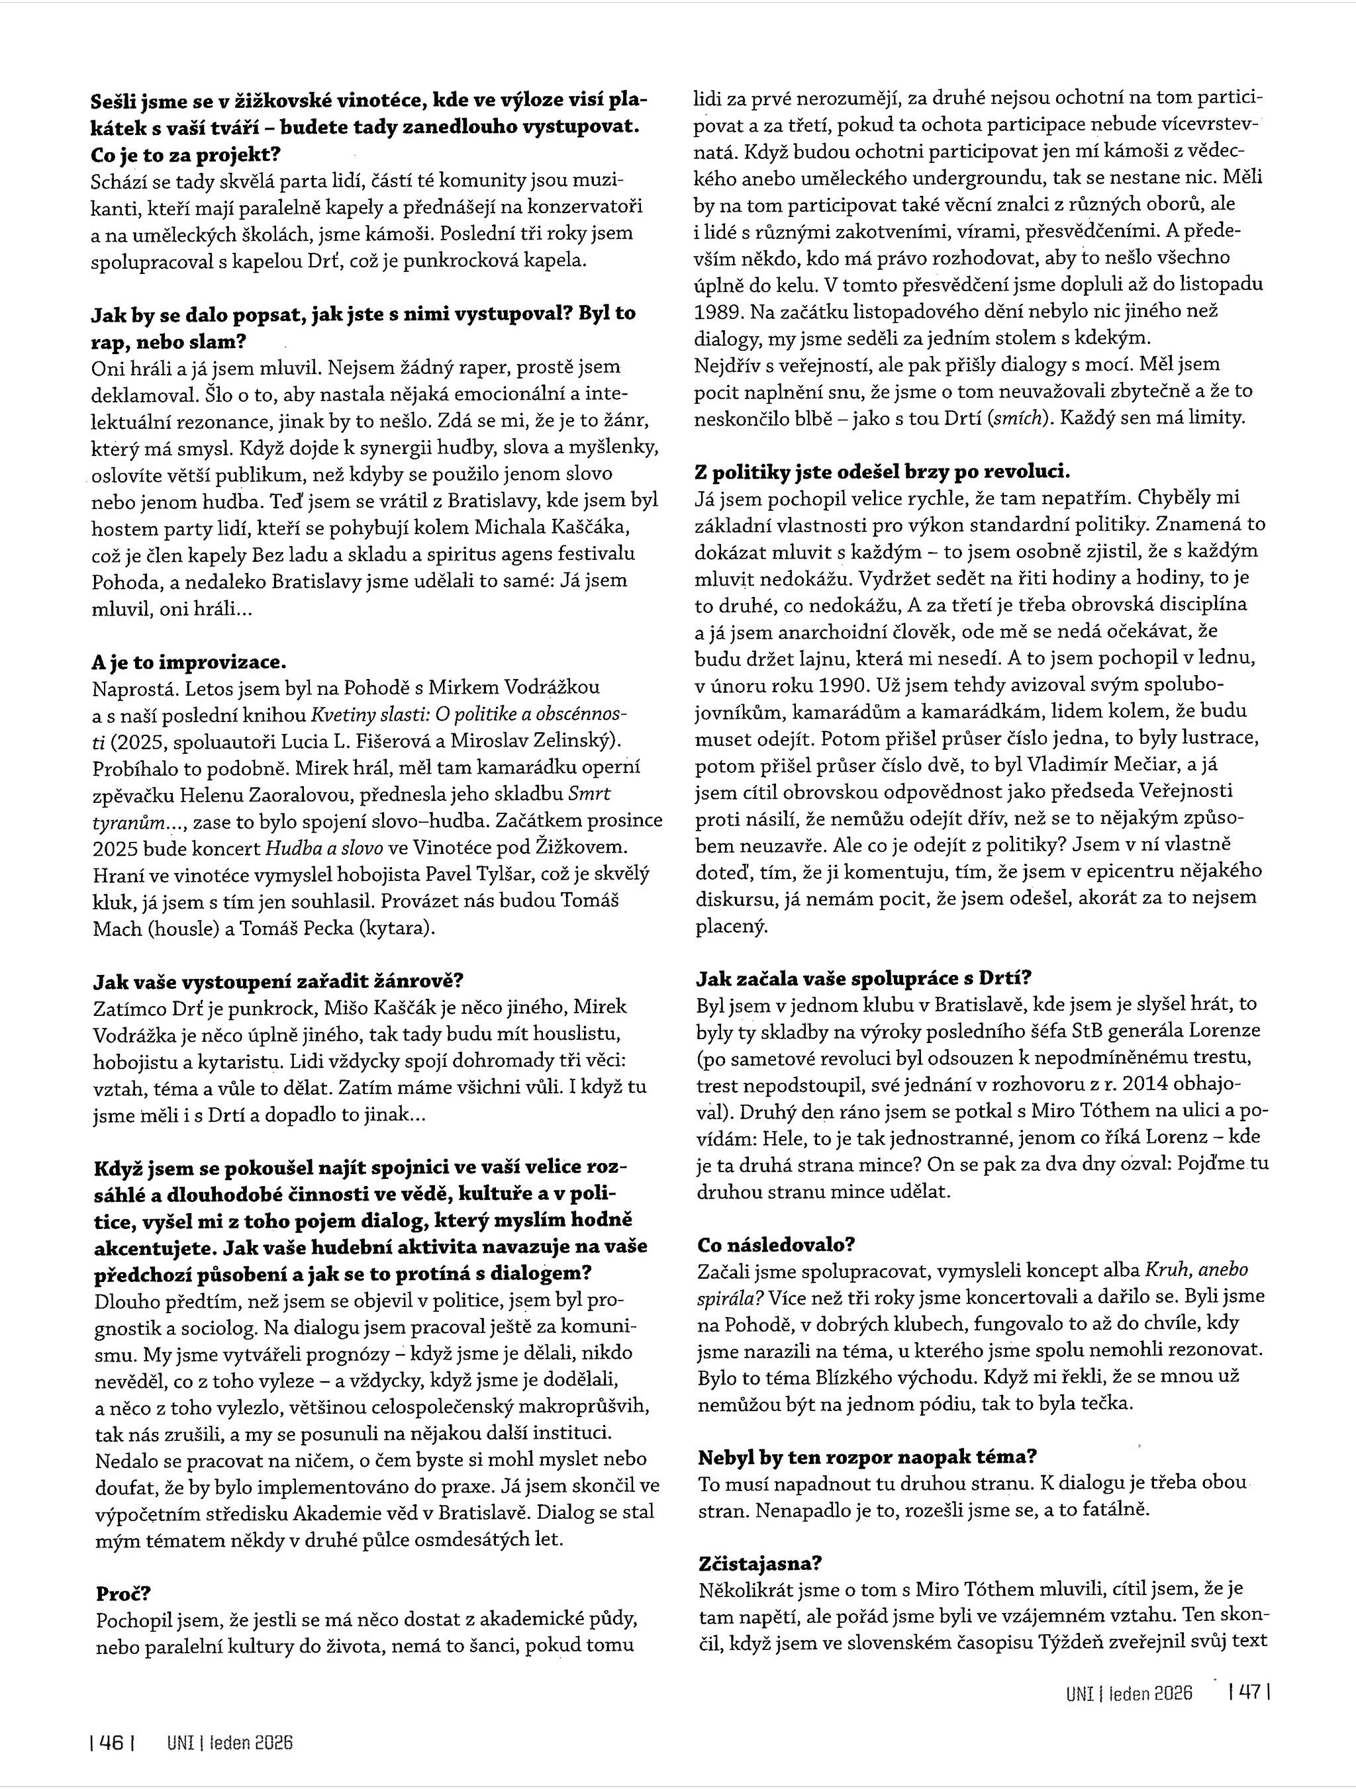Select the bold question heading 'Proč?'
(122, 1593)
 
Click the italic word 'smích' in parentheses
(1020, 418)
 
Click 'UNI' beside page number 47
(1080, 1692)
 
